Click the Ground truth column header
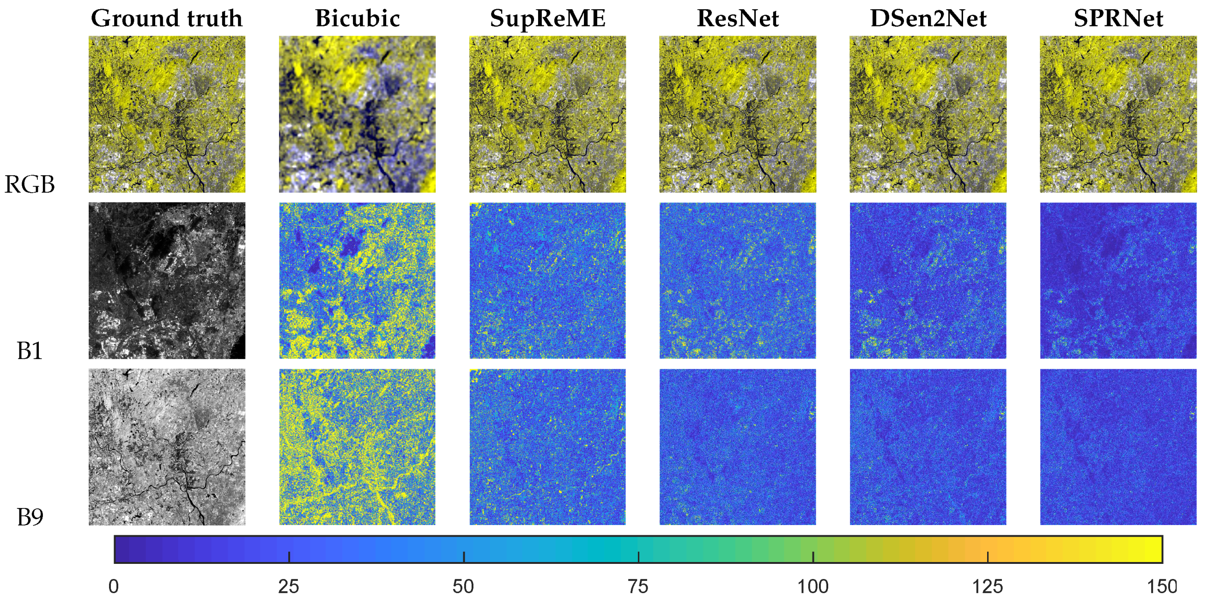(166, 19)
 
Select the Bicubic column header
(357, 19)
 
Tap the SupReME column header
(547, 19)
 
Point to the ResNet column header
(738, 19)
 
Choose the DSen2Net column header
(928, 19)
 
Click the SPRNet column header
(1118, 19)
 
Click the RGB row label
(30, 184)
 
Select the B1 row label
(30, 351)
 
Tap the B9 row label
(30, 517)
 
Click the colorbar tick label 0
(113, 587)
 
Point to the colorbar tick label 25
(289, 587)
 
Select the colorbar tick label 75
(638, 587)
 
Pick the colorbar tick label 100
(813, 587)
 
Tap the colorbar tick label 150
(1162, 587)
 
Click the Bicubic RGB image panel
(357, 114)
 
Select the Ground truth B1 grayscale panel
(166, 280)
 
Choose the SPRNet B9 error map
(1118, 446)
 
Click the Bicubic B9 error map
(357, 446)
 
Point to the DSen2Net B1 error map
(928, 280)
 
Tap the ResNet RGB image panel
(738, 114)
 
